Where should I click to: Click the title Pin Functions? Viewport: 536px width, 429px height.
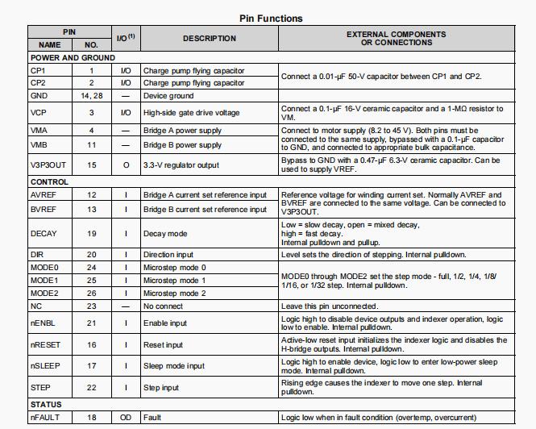272,18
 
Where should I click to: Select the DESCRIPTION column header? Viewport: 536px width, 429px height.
209,38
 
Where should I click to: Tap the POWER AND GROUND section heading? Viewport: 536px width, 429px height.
73,58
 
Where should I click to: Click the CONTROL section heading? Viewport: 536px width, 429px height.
50,182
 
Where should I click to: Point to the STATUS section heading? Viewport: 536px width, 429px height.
47,404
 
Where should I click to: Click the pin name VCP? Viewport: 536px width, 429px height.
39,113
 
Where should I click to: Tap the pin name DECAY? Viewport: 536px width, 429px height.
44,234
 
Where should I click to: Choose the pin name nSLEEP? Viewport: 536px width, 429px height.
45,365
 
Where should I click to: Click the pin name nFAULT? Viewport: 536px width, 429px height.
45,417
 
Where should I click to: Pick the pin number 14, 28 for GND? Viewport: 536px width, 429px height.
91,95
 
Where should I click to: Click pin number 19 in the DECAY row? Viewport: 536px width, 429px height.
91,234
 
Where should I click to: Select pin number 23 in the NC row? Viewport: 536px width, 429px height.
91,306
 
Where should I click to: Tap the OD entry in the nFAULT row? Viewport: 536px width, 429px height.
125,417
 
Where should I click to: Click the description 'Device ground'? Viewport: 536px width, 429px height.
168,95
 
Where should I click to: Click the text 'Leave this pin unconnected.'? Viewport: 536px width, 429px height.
329,306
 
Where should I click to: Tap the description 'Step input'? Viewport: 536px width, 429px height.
161,388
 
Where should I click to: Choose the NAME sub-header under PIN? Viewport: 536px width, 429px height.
50,45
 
